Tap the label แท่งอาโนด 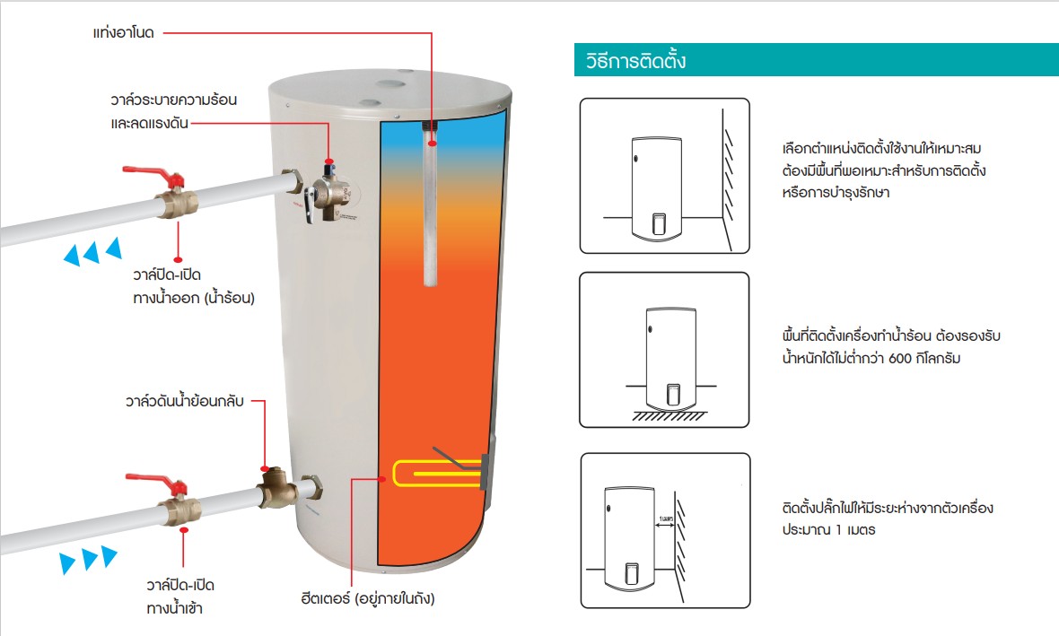124,33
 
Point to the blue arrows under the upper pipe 92,253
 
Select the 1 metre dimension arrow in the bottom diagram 665,527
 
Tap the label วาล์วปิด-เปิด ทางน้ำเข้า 180,597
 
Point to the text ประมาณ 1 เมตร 828,529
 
